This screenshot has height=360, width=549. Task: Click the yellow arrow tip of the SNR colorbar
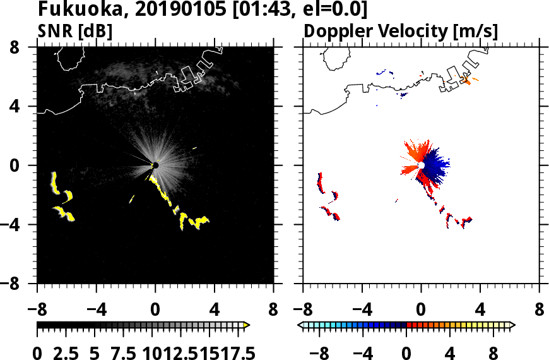[247, 325]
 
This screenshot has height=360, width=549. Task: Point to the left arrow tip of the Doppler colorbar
[300, 325]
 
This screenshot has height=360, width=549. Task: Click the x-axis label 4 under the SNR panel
[214, 311]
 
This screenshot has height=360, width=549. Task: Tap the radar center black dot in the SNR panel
[155, 165]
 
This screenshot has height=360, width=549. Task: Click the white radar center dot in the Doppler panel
[420, 165]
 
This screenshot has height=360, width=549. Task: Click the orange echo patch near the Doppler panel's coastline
[468, 81]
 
